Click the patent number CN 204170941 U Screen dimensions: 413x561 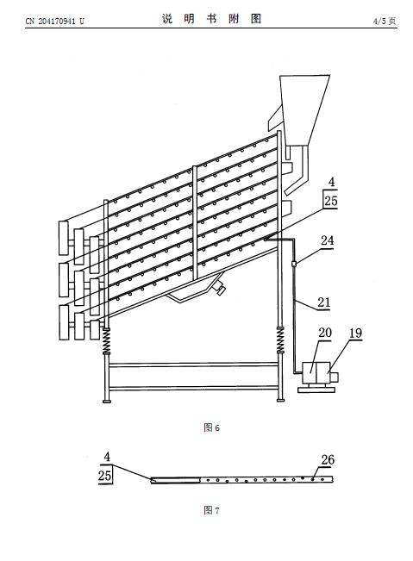coord(55,21)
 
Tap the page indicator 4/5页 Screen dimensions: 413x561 coord(385,21)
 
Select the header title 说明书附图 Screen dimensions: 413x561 coord(211,19)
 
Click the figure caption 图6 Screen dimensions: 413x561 coord(211,427)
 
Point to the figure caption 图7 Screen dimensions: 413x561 coord(211,510)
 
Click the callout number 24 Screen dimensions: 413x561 coord(327,240)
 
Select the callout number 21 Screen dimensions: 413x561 coord(324,302)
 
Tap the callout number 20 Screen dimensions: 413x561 coord(325,333)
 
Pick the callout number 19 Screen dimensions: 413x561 coord(355,333)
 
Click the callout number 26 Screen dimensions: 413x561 coord(328,460)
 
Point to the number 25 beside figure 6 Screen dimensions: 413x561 coord(331,201)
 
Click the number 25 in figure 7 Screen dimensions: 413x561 coord(105,476)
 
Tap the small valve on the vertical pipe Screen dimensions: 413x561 coord(294,264)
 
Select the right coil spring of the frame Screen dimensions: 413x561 coord(280,340)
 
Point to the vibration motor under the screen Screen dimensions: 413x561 coord(218,288)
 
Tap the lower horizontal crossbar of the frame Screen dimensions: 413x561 coord(193,388)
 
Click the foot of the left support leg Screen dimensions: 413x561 coord(106,401)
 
